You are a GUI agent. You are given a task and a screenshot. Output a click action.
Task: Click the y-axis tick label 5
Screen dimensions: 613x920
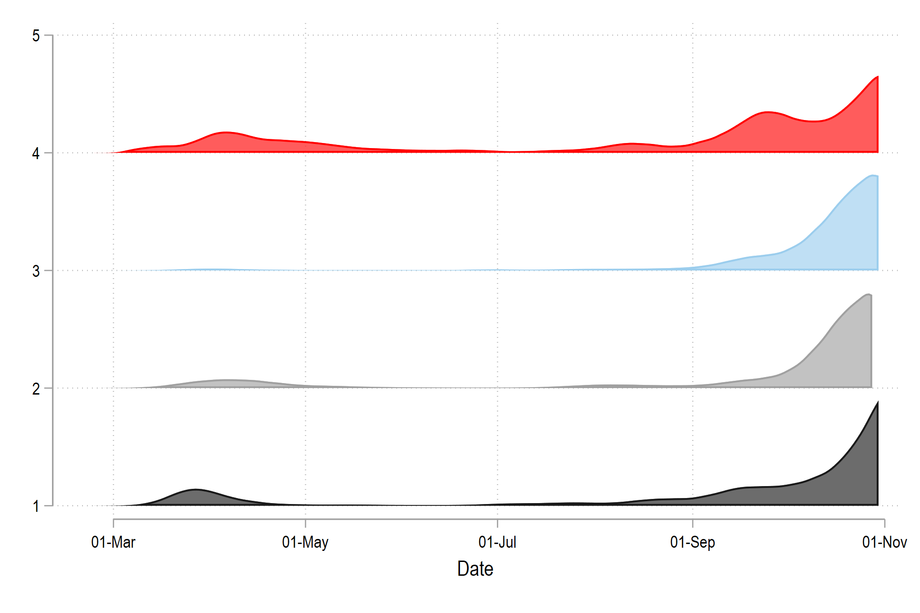36,36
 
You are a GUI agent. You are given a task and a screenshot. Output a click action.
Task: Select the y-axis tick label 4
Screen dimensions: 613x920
36,154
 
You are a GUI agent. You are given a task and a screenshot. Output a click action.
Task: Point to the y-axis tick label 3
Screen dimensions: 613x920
36,271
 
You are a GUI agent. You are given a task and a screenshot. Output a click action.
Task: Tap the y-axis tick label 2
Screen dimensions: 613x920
36,389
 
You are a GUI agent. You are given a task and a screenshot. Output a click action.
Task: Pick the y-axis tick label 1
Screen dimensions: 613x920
36,507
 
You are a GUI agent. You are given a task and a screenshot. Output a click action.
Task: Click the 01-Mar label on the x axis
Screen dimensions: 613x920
113,543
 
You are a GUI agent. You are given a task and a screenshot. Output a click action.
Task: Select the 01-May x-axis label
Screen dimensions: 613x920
305,543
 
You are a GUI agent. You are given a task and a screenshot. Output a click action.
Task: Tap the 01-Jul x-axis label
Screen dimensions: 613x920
497,543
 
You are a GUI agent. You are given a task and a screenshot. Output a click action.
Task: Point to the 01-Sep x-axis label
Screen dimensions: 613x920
692,543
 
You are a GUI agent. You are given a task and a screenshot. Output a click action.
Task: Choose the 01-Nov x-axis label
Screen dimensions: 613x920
884,543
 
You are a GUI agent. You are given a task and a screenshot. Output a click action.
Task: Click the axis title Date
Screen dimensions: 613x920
475,569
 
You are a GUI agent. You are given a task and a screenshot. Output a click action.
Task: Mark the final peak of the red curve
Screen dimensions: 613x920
877,77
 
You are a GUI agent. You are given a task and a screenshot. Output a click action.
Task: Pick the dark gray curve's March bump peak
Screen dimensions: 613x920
195,489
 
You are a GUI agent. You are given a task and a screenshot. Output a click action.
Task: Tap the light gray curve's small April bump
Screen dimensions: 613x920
225,380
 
